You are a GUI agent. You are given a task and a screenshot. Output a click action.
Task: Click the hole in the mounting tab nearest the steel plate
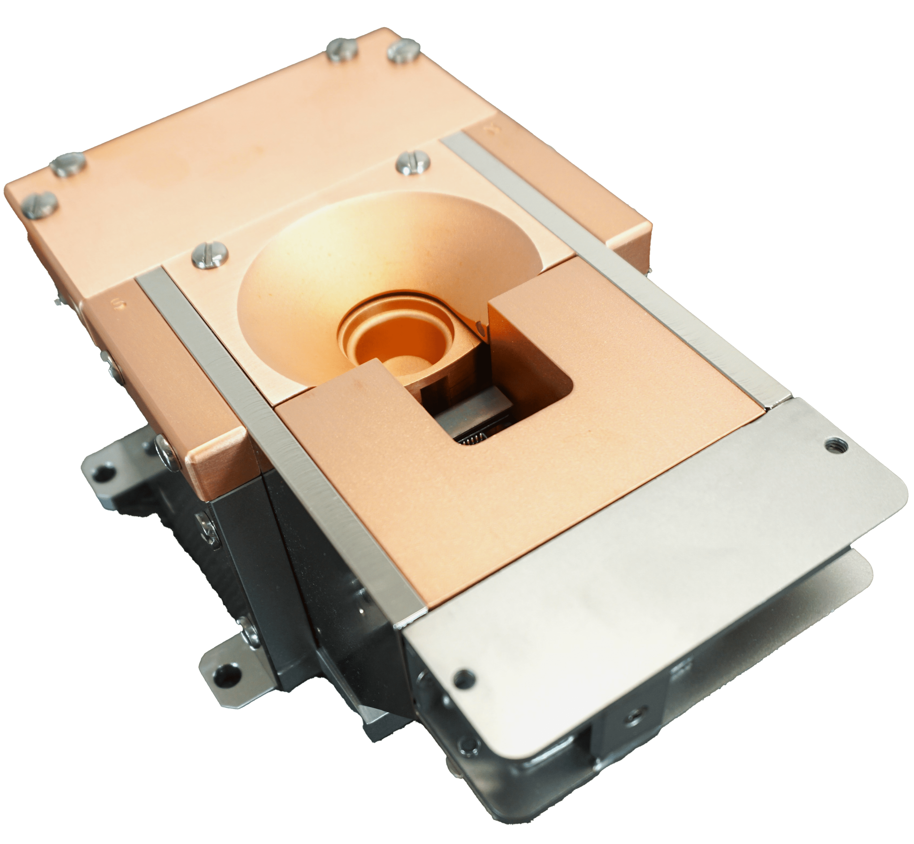click(x=224, y=672)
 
